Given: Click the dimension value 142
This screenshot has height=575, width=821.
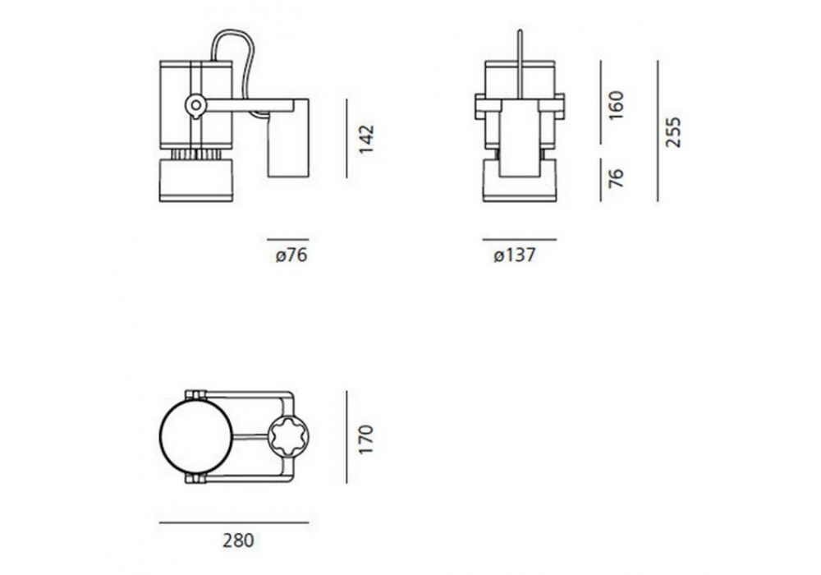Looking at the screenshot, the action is coord(366,139).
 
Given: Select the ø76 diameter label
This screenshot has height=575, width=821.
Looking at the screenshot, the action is coord(291,255).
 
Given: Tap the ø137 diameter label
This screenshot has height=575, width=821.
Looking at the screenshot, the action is coord(515,255).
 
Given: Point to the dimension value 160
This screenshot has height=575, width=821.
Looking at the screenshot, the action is coord(617,105).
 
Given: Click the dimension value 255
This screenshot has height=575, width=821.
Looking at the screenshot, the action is coord(673,132).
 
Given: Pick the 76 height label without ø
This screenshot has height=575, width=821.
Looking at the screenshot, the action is coord(617,178).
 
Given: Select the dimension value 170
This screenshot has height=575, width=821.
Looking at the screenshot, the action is coord(366,439).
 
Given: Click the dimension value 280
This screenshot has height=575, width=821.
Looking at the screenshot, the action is coord(238,540).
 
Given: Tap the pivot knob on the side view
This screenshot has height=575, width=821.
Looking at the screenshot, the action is coord(196,106).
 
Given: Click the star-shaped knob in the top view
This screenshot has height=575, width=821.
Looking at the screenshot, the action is coord(288,437).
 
